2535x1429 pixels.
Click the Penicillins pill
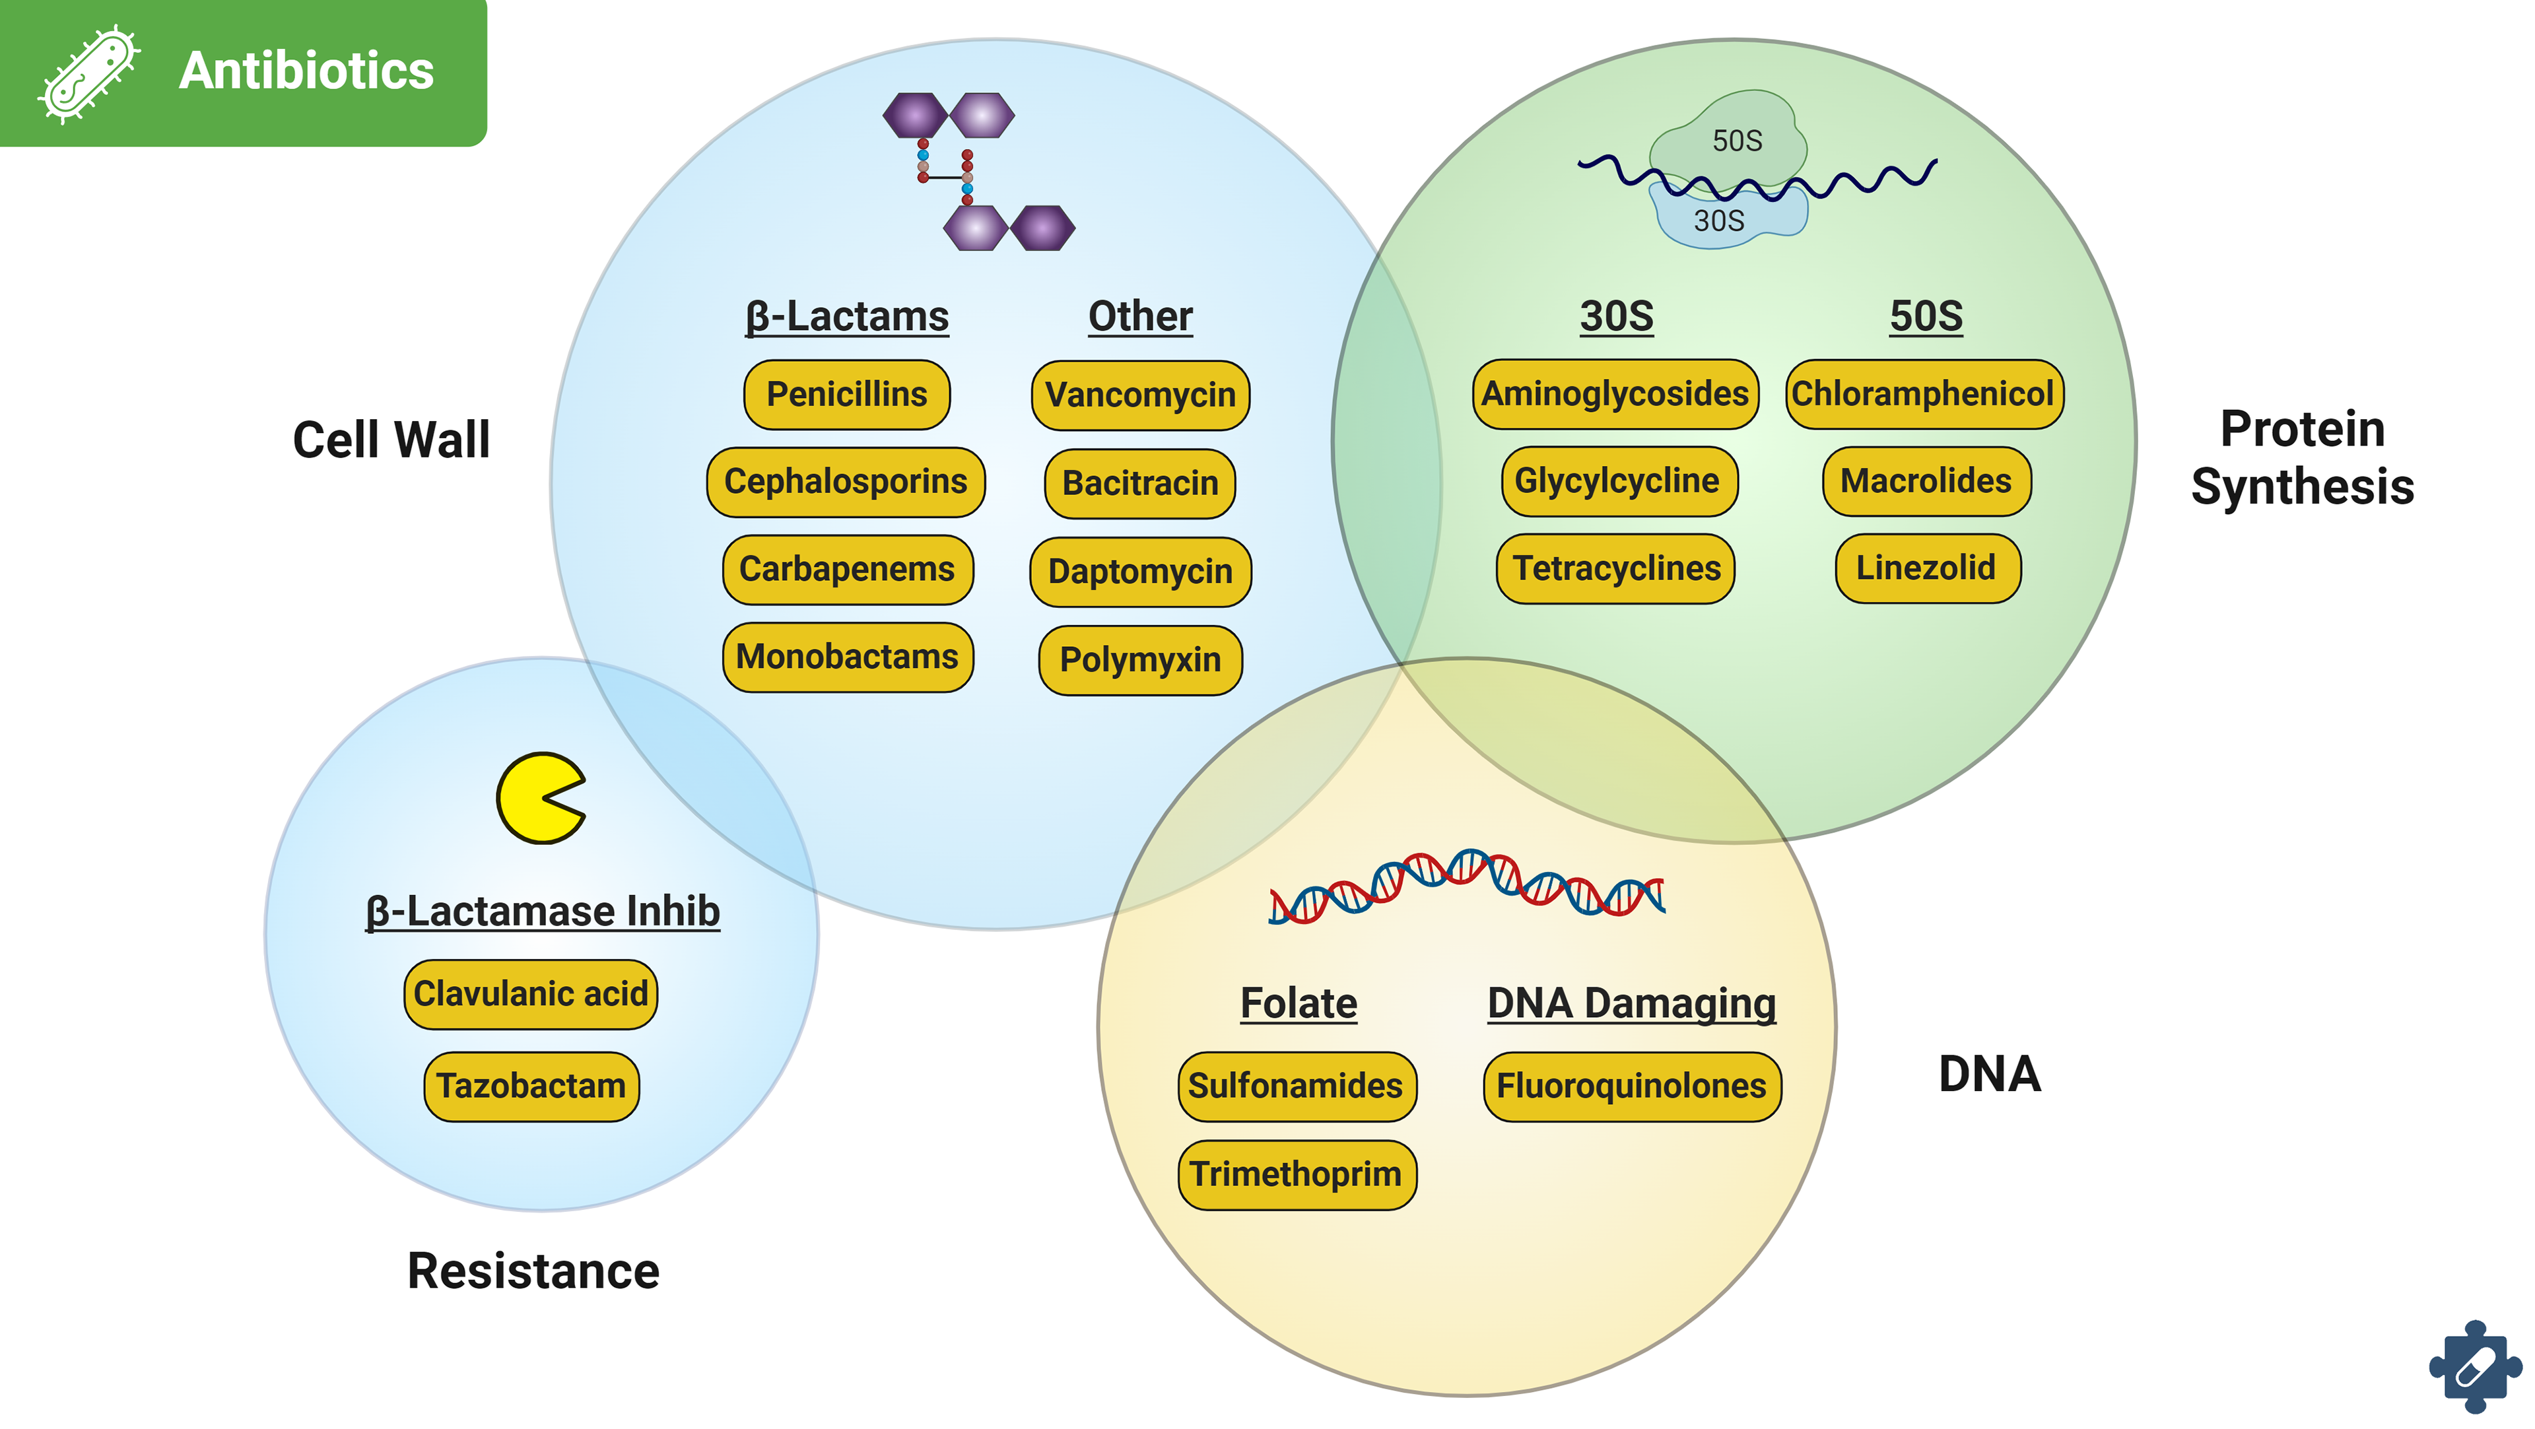[x=846, y=395]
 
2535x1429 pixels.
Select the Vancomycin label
[x=1139, y=395]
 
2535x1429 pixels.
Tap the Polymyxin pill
[x=1139, y=660]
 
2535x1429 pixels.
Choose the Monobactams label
[x=846, y=657]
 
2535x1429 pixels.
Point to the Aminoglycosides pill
[x=1615, y=393]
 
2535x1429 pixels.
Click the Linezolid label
[x=1926, y=568]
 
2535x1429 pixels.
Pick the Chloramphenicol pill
[x=1923, y=393]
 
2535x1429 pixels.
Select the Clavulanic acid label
[x=530, y=994]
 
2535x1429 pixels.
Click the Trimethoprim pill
[x=1296, y=1174]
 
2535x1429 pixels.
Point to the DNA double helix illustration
[x=1466, y=886]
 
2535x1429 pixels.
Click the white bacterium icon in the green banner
[x=88, y=74]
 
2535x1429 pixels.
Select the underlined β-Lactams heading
[x=846, y=317]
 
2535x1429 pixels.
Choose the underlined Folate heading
[x=1298, y=1004]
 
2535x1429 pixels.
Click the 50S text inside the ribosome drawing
[x=1736, y=141]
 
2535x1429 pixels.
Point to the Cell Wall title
[x=391, y=439]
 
